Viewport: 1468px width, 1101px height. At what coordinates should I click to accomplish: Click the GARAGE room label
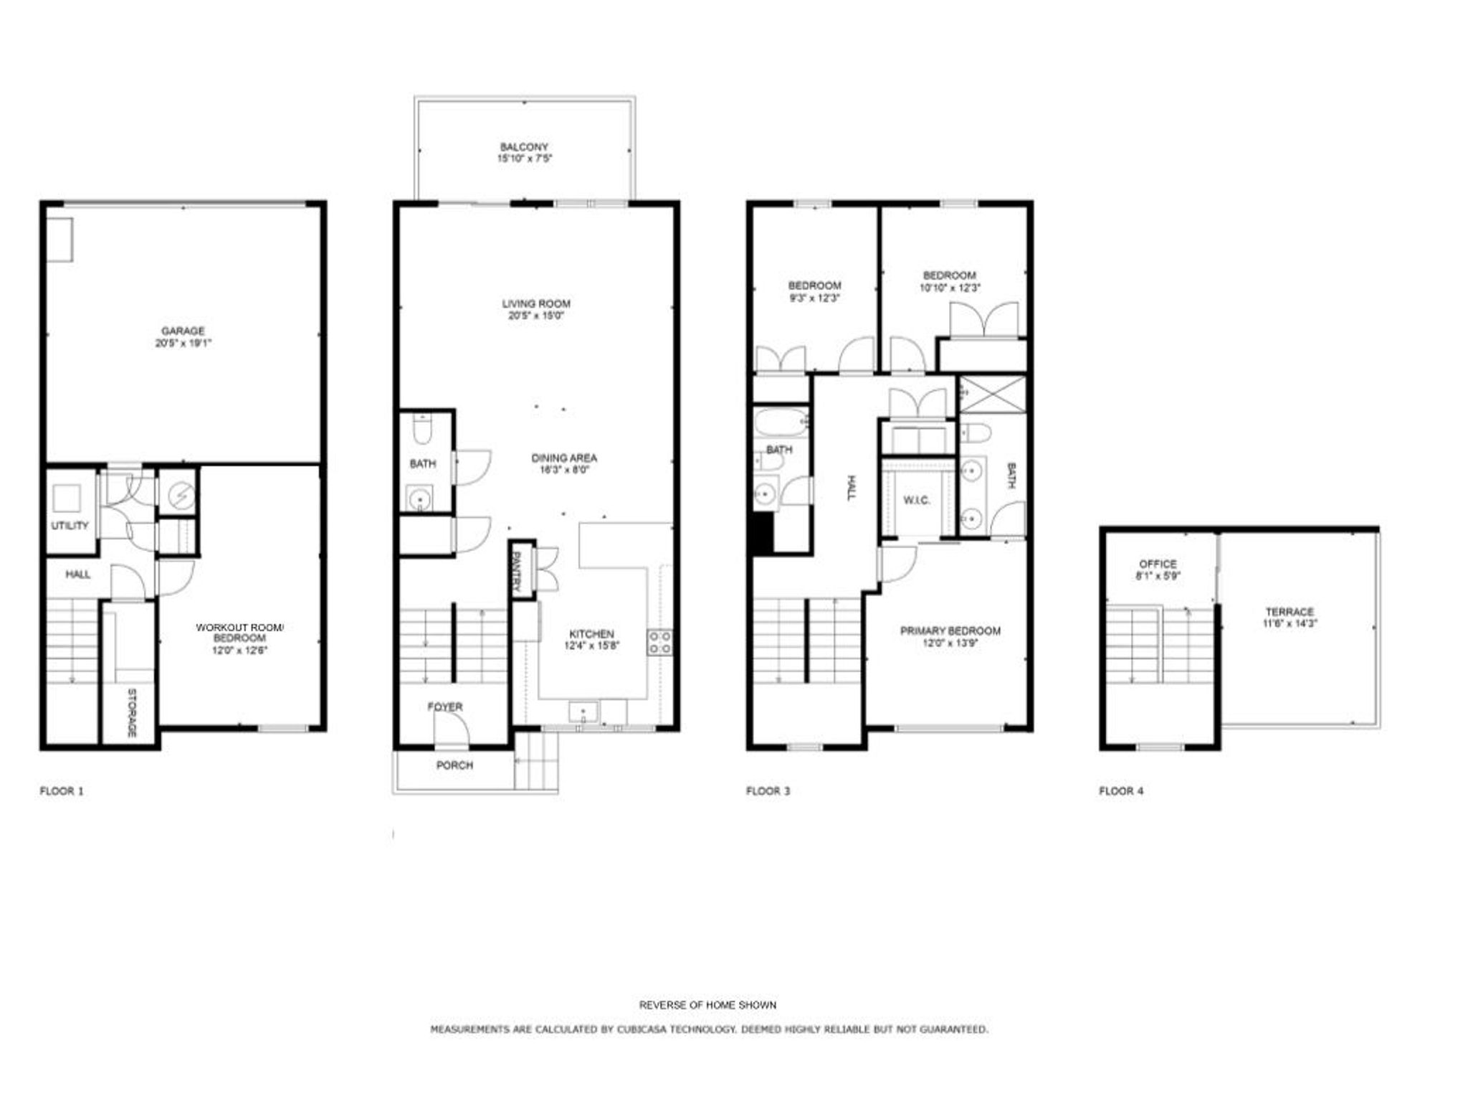point(183,331)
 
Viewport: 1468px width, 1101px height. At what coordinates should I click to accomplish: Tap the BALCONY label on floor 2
point(524,146)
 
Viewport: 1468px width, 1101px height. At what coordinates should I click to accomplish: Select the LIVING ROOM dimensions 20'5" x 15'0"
point(535,316)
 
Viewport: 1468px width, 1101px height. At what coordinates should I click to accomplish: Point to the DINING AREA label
point(564,458)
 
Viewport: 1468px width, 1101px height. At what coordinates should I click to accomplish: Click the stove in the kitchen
point(659,642)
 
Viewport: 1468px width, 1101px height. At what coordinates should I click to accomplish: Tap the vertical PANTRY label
point(516,571)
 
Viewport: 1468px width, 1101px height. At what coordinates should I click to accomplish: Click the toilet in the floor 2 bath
point(421,430)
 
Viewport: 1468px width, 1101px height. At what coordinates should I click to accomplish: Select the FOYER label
point(445,707)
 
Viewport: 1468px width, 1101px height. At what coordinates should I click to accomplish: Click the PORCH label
point(454,765)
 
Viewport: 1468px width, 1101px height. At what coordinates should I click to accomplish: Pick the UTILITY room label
point(70,526)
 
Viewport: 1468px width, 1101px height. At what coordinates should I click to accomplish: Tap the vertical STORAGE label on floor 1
point(132,712)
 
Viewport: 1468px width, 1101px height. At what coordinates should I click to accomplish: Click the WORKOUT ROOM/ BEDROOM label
point(239,633)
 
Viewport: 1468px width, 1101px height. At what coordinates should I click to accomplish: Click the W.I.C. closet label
point(916,500)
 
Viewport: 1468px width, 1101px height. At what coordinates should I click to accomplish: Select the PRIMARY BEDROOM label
point(950,630)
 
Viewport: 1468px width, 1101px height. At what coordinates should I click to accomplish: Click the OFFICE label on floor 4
point(1158,564)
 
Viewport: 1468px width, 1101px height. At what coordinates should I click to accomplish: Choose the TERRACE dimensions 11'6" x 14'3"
point(1290,624)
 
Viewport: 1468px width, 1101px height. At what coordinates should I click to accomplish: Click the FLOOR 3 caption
point(768,791)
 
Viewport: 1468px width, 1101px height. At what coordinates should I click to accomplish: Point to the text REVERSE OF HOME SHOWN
point(707,1005)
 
